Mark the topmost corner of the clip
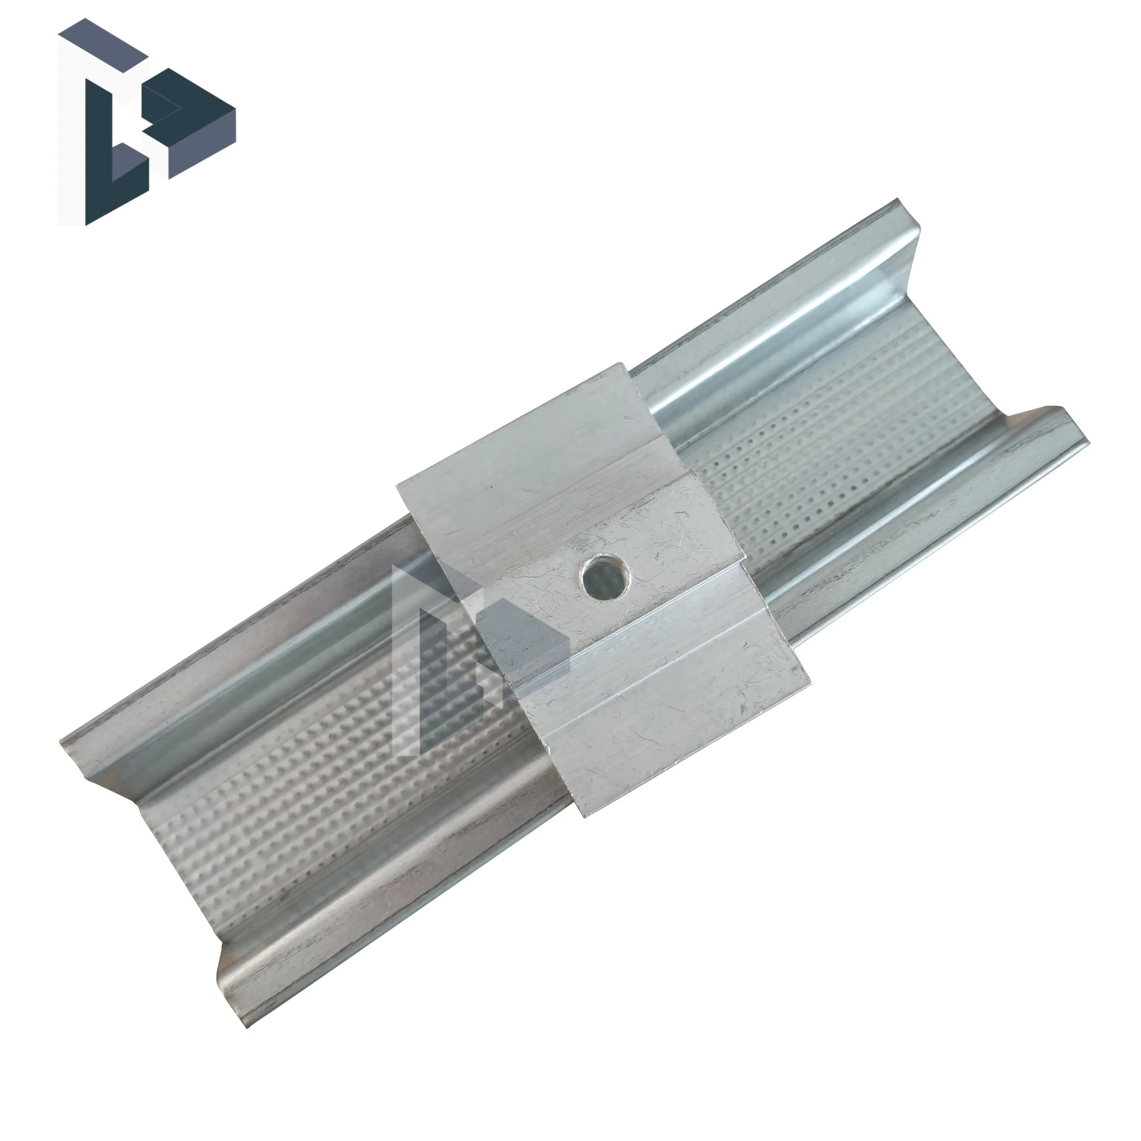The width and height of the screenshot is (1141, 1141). (621, 363)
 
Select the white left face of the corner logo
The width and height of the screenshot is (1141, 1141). (71, 130)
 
